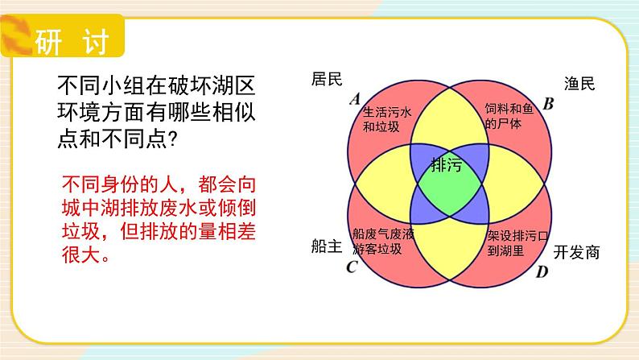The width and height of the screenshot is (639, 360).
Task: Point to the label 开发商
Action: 577,252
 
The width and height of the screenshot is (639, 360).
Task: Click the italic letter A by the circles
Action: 355,99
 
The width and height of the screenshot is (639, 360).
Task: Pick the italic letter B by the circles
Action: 549,103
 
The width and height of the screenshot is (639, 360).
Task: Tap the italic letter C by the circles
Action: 351,267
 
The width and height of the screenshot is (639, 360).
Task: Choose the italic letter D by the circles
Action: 542,271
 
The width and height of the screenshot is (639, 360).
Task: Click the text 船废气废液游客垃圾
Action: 383,241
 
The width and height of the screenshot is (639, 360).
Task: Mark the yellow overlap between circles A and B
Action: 447,113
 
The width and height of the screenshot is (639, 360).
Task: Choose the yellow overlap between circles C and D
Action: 448,258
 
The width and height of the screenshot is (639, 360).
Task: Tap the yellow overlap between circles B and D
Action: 520,184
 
